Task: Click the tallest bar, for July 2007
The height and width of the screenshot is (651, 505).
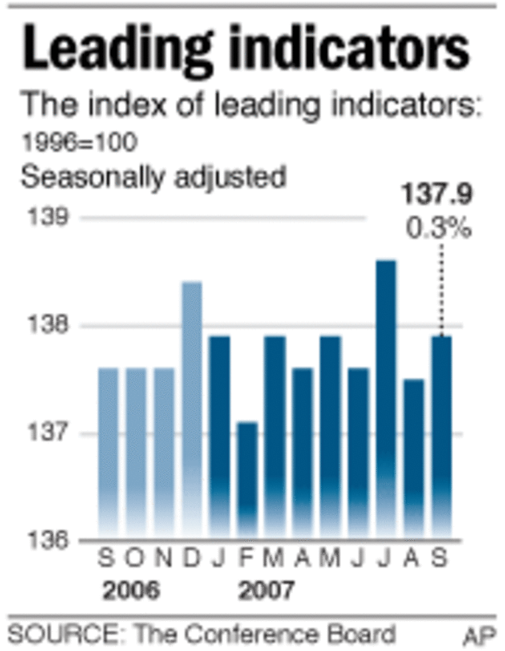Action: [x=385, y=399]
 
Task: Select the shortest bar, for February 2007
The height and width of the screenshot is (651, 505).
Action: [x=247, y=478]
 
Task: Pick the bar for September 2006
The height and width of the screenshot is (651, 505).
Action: [x=108, y=452]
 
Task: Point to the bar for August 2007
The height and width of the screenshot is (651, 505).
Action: [x=413, y=458]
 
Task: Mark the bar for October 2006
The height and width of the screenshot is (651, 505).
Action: [x=136, y=452]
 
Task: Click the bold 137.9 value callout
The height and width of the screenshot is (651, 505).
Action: [x=436, y=196]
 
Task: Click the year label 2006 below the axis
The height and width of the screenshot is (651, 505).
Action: [x=130, y=590]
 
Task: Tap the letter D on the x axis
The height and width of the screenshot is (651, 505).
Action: [x=191, y=559]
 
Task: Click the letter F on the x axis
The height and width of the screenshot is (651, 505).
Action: [x=247, y=559]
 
